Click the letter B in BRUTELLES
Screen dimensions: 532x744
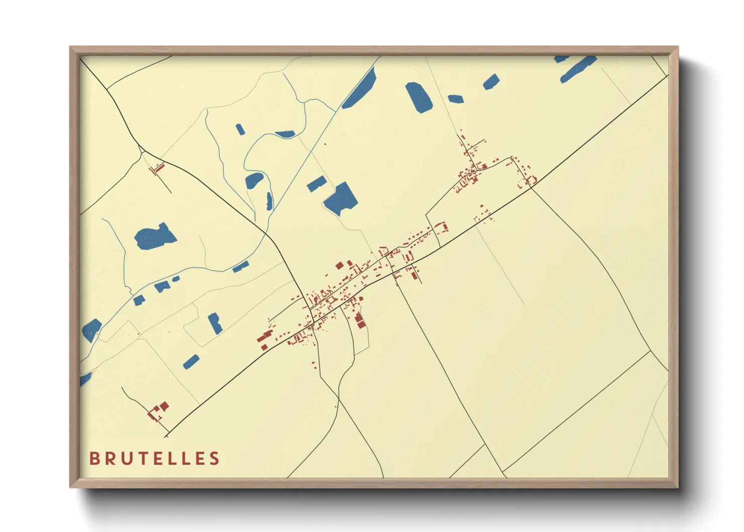pyautogui.click(x=94, y=459)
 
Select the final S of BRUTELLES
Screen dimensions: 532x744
pyautogui.click(x=215, y=459)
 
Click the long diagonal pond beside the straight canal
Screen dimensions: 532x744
pyautogui.click(x=360, y=88)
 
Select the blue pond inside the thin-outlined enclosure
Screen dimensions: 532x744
pyautogui.click(x=215, y=323)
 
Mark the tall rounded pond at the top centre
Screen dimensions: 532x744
pyautogui.click(x=419, y=97)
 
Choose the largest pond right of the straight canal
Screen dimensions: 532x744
pyautogui.click(x=341, y=199)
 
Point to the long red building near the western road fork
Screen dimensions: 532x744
pyautogui.click(x=158, y=168)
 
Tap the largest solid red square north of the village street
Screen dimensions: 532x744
pyautogui.click(x=339, y=265)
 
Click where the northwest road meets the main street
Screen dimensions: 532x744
pyautogui.click(x=312, y=320)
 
